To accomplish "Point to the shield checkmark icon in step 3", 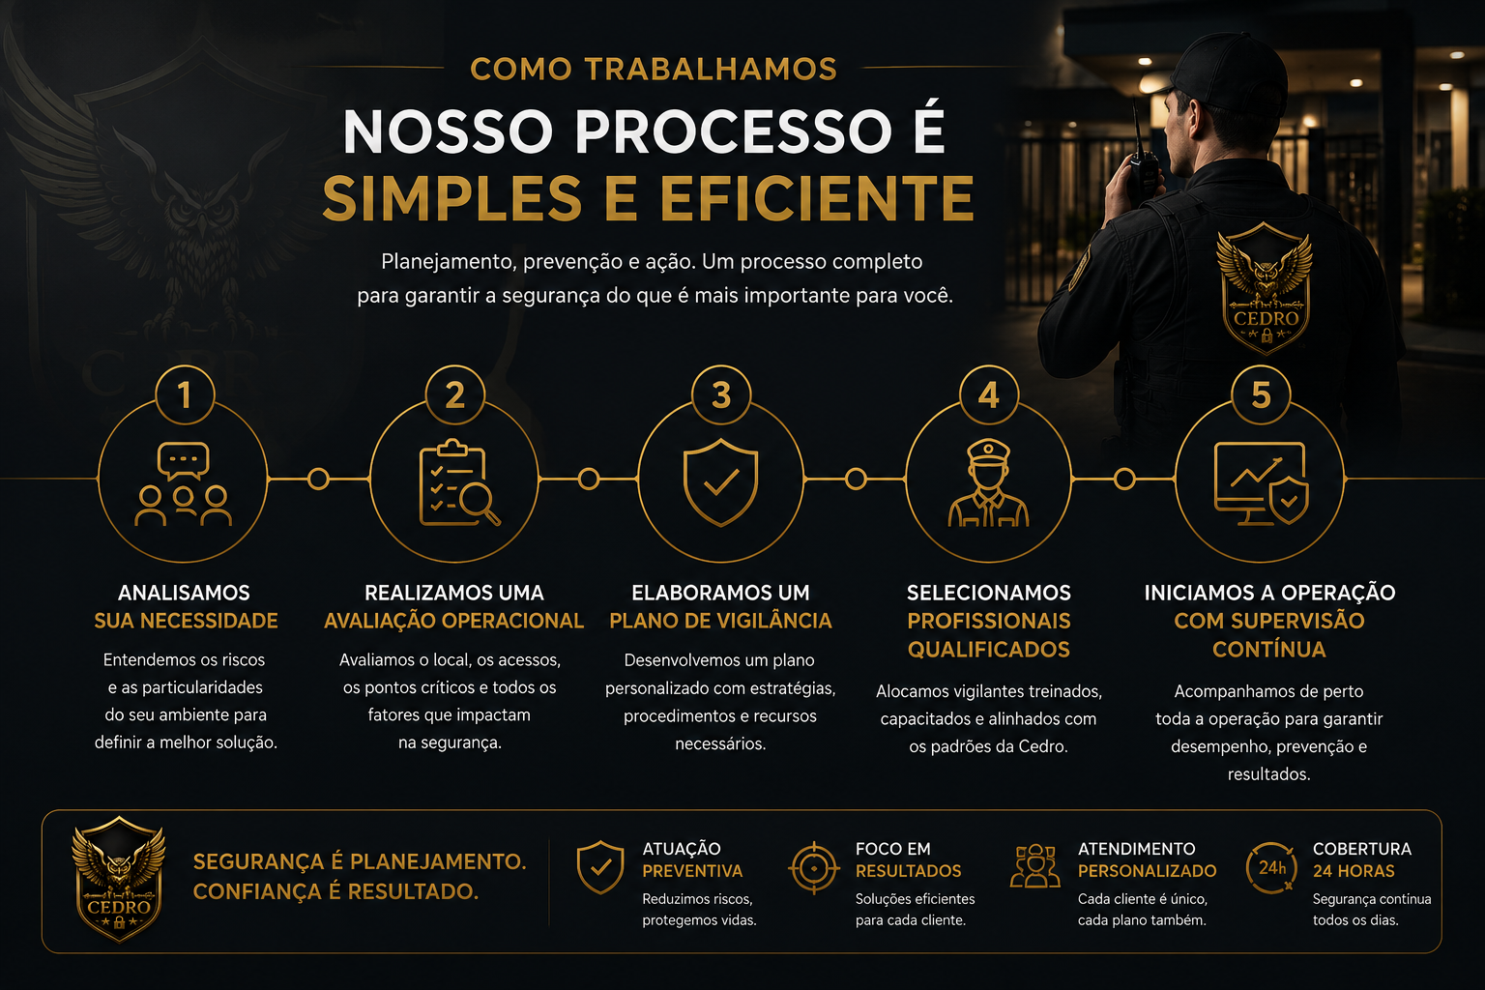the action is coord(720,482).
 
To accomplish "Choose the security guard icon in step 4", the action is coord(988,482).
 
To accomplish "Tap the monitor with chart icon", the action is coord(1261,483).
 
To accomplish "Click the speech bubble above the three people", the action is coord(183,460).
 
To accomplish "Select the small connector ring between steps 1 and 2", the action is coord(318,479).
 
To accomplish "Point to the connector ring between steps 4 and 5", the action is coord(1124,479).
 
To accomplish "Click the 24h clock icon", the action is coord(1271,868).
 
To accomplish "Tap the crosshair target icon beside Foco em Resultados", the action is coord(814,868).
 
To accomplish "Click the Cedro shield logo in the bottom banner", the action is coord(119,879).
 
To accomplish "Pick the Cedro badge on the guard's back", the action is coord(1265,288).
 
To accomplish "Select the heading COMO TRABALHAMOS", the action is coord(654,69).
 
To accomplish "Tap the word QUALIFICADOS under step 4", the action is coord(988,649).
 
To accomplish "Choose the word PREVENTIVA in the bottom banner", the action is coord(692,871).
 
